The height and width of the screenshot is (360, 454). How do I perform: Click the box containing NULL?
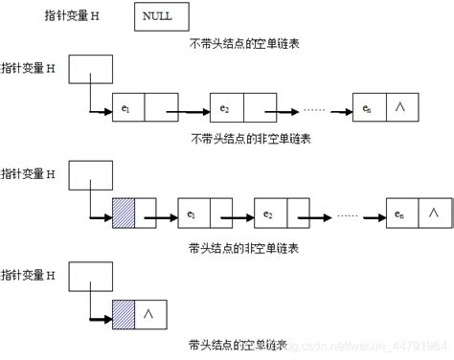(x=161, y=17)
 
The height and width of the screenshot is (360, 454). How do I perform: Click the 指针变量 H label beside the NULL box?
(x=71, y=17)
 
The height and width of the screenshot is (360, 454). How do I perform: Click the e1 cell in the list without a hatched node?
(x=127, y=107)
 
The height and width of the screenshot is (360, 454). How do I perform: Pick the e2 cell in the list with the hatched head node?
(x=270, y=213)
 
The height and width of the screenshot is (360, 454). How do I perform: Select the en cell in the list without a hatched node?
(x=369, y=107)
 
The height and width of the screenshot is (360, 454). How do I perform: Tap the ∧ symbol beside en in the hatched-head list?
(x=435, y=213)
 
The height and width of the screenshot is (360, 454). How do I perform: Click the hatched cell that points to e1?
(x=124, y=213)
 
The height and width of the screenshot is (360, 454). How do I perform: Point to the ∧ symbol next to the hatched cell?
(x=148, y=312)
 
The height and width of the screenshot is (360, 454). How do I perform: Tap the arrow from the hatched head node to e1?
(x=158, y=214)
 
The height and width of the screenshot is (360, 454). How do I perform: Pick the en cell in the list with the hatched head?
(x=401, y=213)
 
